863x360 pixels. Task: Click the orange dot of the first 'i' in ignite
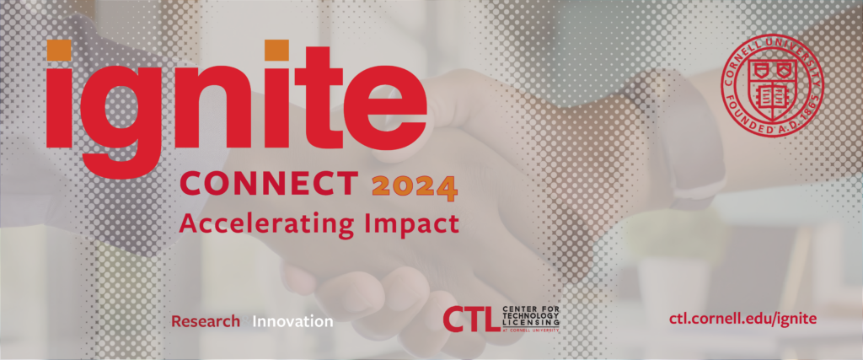58,50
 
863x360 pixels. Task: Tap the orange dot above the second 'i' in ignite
276,50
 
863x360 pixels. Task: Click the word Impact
412,224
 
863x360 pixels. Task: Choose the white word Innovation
292,321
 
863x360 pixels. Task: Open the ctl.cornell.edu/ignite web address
742,320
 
